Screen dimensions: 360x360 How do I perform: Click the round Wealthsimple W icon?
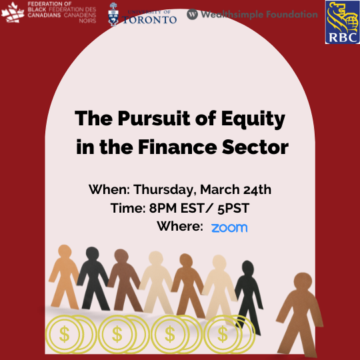(x=192, y=15)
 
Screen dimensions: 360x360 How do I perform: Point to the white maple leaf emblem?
(x=13, y=12)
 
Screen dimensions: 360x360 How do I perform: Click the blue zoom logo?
(x=229, y=227)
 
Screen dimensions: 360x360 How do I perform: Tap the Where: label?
(x=179, y=227)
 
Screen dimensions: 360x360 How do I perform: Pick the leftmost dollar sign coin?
(x=65, y=333)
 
